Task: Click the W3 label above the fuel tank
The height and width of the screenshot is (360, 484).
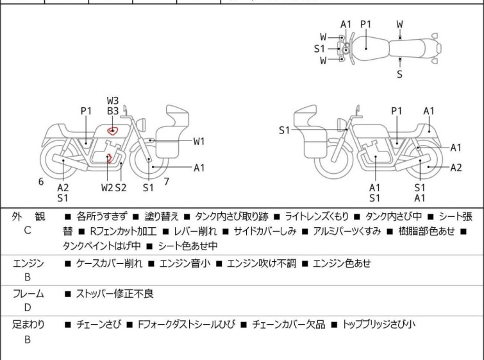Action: click(x=113, y=101)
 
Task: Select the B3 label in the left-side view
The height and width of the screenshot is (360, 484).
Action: click(x=113, y=111)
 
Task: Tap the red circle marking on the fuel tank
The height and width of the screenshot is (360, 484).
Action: click(x=113, y=131)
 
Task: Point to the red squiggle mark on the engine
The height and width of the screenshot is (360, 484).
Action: click(x=108, y=158)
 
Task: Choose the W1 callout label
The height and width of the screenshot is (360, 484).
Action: click(x=199, y=142)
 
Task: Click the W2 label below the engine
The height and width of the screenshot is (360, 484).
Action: click(x=107, y=187)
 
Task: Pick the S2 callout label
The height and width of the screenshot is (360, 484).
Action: click(x=121, y=187)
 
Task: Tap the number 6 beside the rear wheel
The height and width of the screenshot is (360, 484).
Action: click(x=41, y=182)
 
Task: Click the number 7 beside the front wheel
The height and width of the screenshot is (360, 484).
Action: click(x=167, y=182)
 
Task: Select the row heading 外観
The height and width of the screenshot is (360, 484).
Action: click(x=28, y=217)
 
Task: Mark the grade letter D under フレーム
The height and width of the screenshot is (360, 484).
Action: click(x=28, y=307)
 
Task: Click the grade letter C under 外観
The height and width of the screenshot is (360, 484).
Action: click(x=28, y=230)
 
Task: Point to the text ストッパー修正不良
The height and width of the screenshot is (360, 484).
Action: click(x=115, y=293)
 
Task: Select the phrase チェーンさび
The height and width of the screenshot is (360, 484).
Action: click(x=98, y=325)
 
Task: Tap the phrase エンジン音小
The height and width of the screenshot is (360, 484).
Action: click(x=185, y=263)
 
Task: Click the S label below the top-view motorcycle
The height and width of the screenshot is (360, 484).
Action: click(x=400, y=74)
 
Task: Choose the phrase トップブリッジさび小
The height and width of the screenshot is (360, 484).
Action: click(x=379, y=325)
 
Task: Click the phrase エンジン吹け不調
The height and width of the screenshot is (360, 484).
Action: click(x=262, y=263)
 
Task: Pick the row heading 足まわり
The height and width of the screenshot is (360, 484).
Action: click(x=28, y=325)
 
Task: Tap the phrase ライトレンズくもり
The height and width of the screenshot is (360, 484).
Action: click(x=317, y=217)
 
